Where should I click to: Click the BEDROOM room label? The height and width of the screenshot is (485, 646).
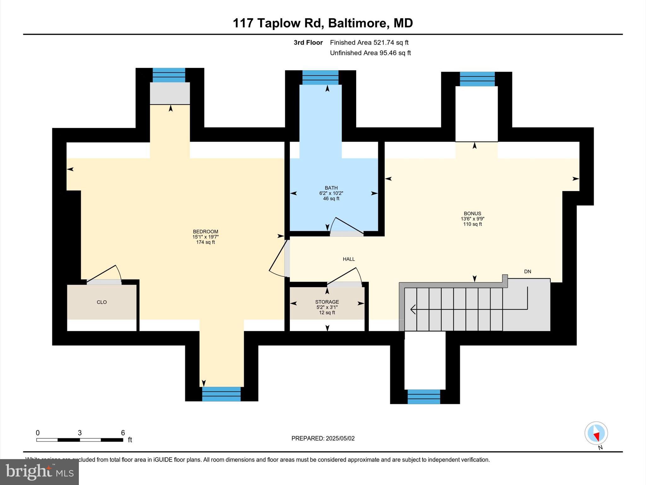tap(205, 231)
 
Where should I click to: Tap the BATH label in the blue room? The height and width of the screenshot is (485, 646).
tap(331, 188)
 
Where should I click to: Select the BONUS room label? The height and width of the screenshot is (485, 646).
tap(472, 213)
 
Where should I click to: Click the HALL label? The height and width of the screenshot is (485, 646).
tap(349, 259)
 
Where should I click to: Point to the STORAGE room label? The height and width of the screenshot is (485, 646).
tap(327, 302)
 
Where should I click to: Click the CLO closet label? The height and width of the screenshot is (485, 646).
tap(102, 302)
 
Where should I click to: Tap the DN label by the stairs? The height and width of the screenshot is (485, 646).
tap(527, 272)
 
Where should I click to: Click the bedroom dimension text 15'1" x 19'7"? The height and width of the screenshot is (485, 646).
tap(205, 237)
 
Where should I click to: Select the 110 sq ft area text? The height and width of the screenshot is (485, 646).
tap(472, 224)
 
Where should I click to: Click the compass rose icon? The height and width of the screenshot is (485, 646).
tap(596, 433)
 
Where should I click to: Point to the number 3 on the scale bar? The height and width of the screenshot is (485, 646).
tap(80, 433)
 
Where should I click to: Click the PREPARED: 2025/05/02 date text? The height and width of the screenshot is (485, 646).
tap(323, 438)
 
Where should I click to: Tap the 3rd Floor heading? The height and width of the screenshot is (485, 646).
tap(308, 43)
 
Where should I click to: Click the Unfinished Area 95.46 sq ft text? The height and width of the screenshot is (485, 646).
tap(370, 53)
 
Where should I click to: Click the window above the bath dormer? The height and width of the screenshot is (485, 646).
tap(320, 77)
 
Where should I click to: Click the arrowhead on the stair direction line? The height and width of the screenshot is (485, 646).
tap(413, 309)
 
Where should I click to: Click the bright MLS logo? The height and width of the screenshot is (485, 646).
tap(39, 472)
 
